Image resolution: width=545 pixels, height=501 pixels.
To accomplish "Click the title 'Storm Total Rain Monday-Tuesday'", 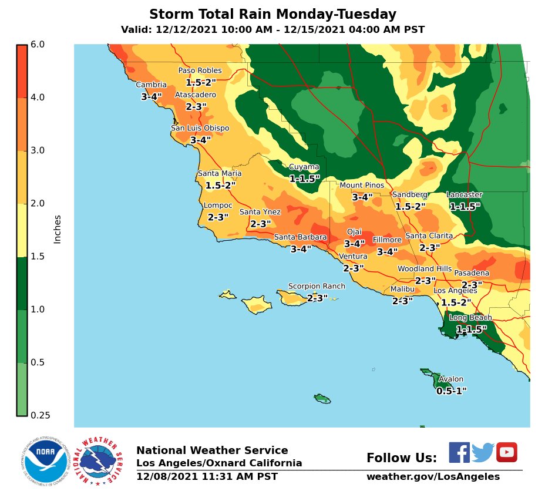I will tap(272, 15).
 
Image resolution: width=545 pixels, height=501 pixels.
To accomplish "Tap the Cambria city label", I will tap(151, 85).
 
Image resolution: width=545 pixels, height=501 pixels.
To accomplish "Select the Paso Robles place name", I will tap(200, 71).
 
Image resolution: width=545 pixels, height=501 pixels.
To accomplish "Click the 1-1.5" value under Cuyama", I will tap(304, 179).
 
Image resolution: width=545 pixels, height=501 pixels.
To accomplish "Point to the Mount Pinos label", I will tap(362, 186).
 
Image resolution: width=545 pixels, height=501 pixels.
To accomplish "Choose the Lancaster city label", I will tap(464, 195).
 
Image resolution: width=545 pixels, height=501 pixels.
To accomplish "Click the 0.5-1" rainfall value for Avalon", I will tap(451, 391).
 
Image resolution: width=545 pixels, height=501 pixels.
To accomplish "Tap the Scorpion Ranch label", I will tap(317, 287).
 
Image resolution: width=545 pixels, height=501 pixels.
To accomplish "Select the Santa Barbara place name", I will tap(300, 237).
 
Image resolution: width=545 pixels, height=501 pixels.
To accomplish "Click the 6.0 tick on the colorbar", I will tap(38, 45).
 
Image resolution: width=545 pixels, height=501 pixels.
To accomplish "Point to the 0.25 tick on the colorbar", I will tap(40, 415).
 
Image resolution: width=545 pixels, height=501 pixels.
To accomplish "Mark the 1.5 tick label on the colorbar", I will tap(38, 256).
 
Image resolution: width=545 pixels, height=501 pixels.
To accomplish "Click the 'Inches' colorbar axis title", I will tap(58, 229).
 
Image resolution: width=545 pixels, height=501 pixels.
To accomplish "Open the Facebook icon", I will tap(459, 452).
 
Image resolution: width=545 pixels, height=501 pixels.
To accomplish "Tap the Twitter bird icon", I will tap(483, 452).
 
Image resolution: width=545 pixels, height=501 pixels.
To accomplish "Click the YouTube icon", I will tap(506, 452).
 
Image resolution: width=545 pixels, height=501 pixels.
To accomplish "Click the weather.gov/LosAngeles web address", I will tap(433, 477).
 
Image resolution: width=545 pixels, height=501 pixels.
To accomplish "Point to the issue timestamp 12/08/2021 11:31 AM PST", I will tap(207, 477).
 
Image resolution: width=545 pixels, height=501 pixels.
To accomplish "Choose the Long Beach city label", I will tap(470, 318).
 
